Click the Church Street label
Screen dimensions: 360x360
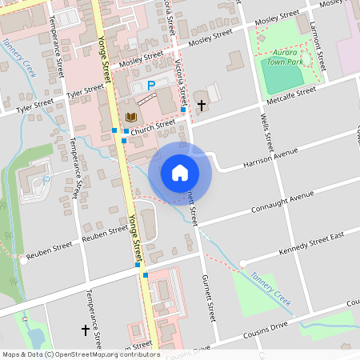click(154, 125)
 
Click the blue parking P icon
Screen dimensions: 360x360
click(150, 85)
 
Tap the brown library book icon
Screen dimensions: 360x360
click(131, 115)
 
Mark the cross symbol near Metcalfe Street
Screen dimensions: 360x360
click(201, 105)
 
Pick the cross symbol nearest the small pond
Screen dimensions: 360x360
click(86, 329)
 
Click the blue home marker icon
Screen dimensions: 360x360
click(180, 173)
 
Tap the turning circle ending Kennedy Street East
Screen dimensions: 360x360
click(243, 263)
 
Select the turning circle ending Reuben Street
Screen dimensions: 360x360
click(24, 261)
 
